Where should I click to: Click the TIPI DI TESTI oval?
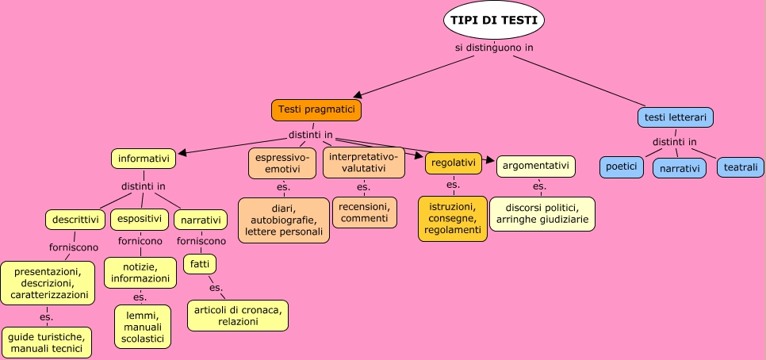point(493,21)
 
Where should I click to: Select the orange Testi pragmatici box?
point(316,109)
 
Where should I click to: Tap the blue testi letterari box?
point(676,117)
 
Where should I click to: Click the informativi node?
point(143,159)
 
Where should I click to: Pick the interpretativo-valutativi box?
point(362,162)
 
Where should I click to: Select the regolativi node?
point(454,163)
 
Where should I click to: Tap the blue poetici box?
point(621,167)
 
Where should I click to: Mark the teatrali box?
point(741,167)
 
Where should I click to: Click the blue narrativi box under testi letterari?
point(679,168)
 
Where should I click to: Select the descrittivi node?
point(75,219)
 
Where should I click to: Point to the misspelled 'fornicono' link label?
point(140,240)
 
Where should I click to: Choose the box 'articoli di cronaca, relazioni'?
point(237,315)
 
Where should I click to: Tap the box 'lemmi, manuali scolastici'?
point(142,327)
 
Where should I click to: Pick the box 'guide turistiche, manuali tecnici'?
point(46,343)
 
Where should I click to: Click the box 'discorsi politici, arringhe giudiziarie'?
point(541,213)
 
